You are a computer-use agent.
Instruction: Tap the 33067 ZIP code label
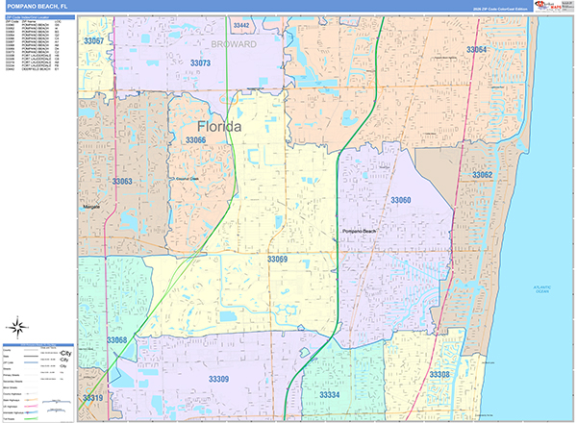[92, 41]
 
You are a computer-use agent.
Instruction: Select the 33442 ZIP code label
[240, 25]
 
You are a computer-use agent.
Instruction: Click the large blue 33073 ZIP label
[201, 62]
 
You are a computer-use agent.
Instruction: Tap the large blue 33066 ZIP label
[195, 140]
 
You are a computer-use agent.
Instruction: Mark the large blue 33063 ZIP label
[121, 181]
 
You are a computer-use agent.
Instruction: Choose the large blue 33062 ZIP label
[482, 175]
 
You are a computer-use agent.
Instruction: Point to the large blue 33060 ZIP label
[400, 200]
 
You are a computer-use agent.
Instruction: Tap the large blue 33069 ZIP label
[277, 260]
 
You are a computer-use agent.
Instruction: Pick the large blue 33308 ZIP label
[439, 374]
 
